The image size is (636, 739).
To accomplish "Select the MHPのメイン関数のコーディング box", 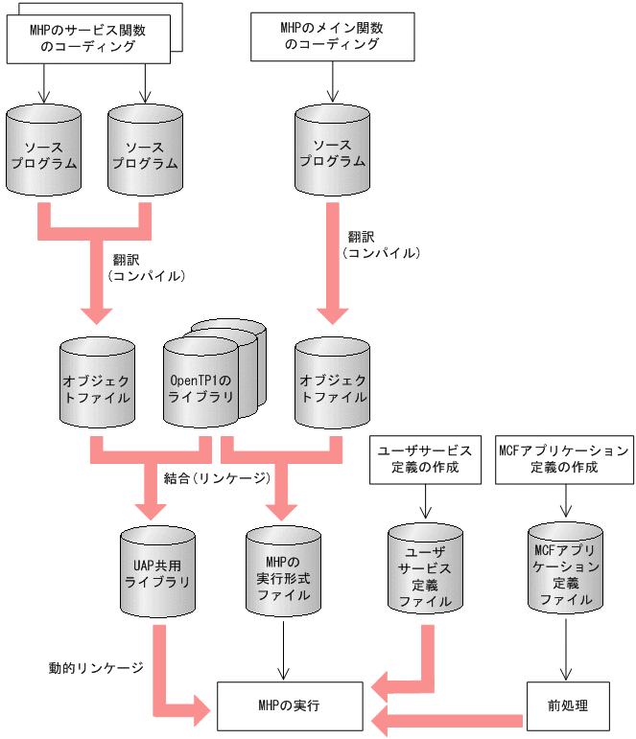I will pyautogui.click(x=332, y=36).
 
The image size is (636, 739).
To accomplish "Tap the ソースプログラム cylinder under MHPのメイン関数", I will pyautogui.click(x=332, y=152).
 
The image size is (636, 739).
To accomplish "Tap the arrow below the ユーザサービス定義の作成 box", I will pyautogui.click(x=425, y=501).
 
